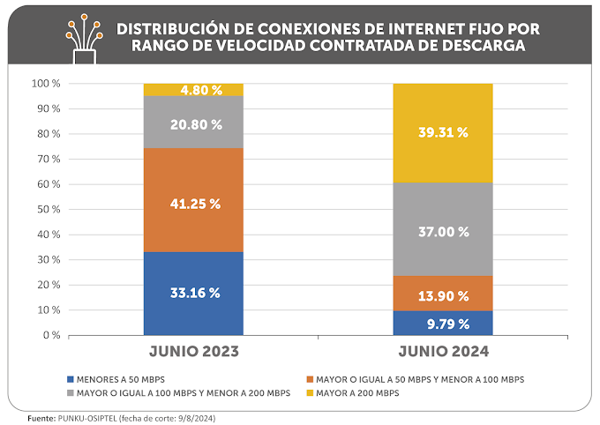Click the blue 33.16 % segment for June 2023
pyautogui.click(x=193, y=294)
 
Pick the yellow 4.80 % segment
pyautogui.click(x=193, y=89)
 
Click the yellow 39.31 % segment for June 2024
pyautogui.click(x=443, y=133)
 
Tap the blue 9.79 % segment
pyautogui.click(x=443, y=323)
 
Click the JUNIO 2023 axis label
pyautogui.click(x=194, y=353)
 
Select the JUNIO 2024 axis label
pyautogui.click(x=444, y=353)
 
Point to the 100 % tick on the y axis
pyautogui.click(x=46, y=84)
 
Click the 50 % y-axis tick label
pyautogui.click(x=49, y=210)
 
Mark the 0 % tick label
pyautogui.click(x=52, y=336)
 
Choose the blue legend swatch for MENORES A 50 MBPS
pyautogui.click(x=69, y=379)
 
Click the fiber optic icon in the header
pyautogui.click(x=84, y=36)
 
